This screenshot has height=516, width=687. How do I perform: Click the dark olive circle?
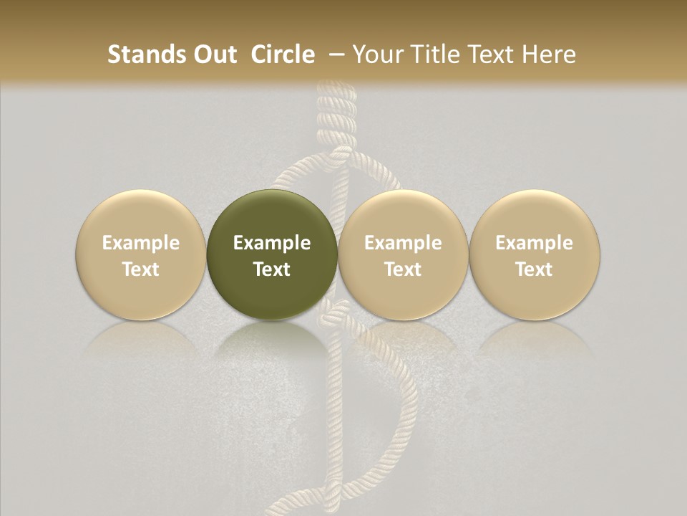pyautogui.click(x=271, y=255)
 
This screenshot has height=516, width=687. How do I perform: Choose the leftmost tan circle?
pyautogui.click(x=140, y=255)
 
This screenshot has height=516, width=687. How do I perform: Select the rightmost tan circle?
pyautogui.click(x=534, y=255)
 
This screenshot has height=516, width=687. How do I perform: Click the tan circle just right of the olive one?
pyautogui.click(x=403, y=255)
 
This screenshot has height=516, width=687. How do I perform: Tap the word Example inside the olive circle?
pyautogui.click(x=272, y=243)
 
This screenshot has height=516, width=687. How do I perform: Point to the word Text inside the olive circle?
pyautogui.click(x=272, y=269)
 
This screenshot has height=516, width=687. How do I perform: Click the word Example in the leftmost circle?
pyautogui.click(x=141, y=243)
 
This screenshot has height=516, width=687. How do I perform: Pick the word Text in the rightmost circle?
pyautogui.click(x=534, y=269)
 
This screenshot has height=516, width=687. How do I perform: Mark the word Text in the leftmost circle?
pyautogui.click(x=141, y=269)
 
